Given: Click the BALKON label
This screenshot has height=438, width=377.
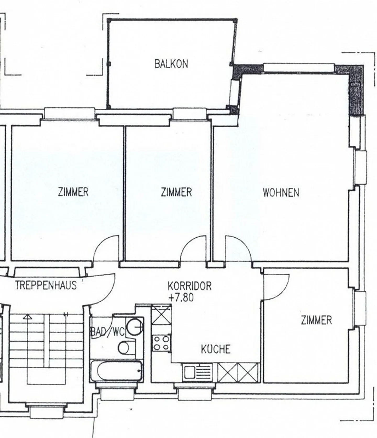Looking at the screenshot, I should pos(171,64).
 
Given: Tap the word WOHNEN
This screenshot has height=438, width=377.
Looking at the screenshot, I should pos(281,193).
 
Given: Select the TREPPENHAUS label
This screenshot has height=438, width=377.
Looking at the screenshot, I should pos(46,285).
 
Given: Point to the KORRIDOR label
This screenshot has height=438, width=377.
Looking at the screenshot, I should pos(190,286).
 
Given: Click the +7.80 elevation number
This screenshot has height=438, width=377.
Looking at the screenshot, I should pos(181,298).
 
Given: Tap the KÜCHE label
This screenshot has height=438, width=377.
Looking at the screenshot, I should pos(216,349).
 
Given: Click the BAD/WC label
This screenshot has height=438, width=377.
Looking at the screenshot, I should pos(107,332).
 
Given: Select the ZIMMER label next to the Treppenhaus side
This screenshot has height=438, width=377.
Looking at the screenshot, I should pos(73,192).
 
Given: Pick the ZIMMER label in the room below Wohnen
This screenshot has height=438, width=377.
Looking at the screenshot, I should pos(316,320).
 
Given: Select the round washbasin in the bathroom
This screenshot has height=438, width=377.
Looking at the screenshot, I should pos(135,326).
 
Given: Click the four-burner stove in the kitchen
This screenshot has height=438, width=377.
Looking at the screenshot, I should pos(162,343).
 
